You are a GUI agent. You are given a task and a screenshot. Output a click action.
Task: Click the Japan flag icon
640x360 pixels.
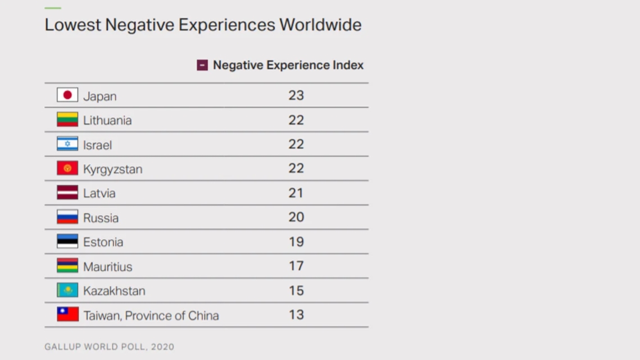(x=67, y=95)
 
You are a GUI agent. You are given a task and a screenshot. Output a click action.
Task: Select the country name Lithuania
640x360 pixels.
(x=107, y=120)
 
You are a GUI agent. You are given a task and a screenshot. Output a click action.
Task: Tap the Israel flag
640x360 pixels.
(x=67, y=144)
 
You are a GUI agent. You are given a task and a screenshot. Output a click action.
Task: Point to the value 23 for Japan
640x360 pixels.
(x=296, y=95)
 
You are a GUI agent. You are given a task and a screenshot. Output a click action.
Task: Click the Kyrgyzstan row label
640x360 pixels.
(x=112, y=169)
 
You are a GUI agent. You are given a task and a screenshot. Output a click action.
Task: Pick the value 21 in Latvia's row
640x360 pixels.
(x=296, y=193)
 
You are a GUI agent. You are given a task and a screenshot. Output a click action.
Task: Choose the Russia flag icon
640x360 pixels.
(x=67, y=217)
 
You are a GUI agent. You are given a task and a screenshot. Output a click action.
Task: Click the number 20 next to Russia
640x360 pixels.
(x=296, y=217)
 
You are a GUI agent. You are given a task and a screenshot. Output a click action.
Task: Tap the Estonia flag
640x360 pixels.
(x=67, y=241)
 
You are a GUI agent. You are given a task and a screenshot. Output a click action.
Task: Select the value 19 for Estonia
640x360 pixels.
(x=296, y=242)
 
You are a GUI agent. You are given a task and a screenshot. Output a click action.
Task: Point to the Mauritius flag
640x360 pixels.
(x=67, y=265)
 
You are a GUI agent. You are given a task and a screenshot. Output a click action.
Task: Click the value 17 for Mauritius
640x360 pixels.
(x=296, y=266)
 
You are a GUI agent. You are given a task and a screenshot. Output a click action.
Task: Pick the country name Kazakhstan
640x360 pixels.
(x=114, y=291)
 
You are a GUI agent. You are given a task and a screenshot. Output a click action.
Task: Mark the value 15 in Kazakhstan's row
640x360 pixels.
(x=296, y=291)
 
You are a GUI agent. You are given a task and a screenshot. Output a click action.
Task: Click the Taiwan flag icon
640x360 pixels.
(x=67, y=314)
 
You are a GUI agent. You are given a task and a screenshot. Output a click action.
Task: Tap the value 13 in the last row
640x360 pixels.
(x=296, y=315)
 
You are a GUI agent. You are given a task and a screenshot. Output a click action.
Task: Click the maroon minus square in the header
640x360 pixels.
(x=202, y=65)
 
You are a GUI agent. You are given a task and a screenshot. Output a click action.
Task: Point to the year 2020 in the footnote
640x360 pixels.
(x=162, y=347)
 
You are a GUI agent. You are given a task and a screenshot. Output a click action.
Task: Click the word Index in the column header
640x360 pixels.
(x=348, y=65)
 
